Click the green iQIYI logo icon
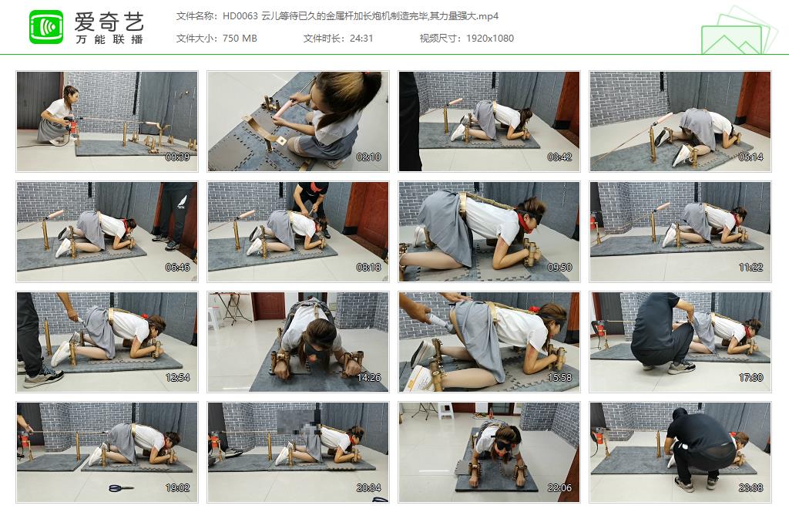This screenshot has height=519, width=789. pyautogui.click(x=46, y=27)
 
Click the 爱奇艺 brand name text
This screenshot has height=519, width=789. pyautogui.click(x=109, y=20)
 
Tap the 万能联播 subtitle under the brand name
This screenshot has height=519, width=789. pyautogui.click(x=109, y=39)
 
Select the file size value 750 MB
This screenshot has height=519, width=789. pyautogui.click(x=239, y=38)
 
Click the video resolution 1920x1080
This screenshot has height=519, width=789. pyautogui.click(x=489, y=38)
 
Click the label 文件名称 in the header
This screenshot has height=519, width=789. pyautogui.click(x=196, y=15)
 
